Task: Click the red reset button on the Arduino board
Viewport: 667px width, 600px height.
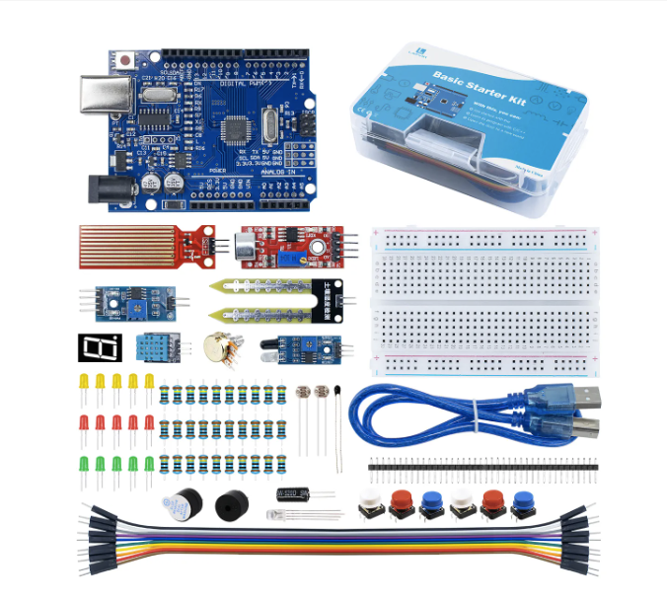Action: coord(128,61)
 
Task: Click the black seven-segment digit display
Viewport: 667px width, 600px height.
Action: coord(99,346)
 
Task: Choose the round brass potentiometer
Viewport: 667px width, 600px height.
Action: coord(216,346)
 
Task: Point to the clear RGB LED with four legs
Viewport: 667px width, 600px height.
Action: coord(277,515)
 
